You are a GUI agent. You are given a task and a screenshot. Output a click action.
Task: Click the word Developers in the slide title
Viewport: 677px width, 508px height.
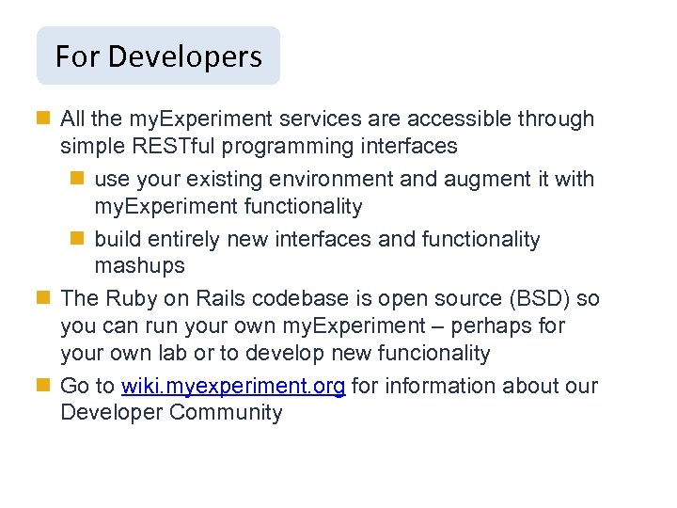point(185,56)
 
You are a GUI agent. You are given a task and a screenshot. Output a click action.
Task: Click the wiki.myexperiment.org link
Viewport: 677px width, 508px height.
point(233,387)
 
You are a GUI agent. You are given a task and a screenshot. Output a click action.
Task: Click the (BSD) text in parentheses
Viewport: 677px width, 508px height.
point(536,299)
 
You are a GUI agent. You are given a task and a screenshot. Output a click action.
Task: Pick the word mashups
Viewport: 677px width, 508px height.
point(139,266)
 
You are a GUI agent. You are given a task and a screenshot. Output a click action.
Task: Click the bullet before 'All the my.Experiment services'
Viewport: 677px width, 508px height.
point(44,119)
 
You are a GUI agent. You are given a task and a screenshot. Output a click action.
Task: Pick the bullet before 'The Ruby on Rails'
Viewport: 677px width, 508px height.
point(44,299)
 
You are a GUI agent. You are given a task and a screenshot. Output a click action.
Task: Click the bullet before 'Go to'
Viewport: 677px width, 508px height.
point(44,387)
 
